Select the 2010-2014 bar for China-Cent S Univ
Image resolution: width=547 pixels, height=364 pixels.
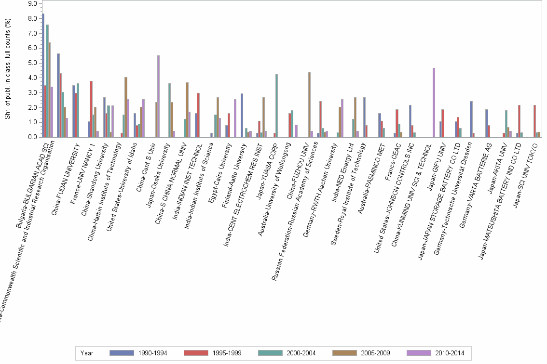(158, 96)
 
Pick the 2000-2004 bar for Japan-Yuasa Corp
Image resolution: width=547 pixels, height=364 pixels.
(276, 105)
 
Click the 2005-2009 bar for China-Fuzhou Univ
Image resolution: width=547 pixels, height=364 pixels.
(309, 104)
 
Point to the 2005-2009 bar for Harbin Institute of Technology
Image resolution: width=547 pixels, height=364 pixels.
(126, 107)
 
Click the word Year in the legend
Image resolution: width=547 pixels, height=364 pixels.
(87, 353)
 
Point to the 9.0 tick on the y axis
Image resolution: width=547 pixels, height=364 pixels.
(33, 3)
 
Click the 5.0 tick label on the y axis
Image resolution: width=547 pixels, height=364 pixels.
(33, 63)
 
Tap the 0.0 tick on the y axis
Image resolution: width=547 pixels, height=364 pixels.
(33, 137)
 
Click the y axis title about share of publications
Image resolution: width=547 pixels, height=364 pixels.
(6, 70)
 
